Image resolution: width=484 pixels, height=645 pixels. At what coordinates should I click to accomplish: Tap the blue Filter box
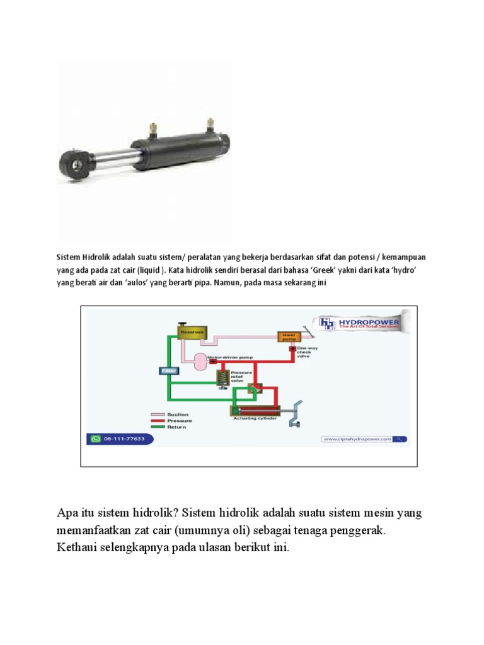pos(168,372)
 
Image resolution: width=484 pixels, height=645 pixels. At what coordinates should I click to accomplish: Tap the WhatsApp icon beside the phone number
pos(96,439)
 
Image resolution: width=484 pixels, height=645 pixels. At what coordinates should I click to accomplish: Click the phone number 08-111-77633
pos(124,439)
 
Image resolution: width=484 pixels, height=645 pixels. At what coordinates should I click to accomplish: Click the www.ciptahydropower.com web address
pos(356,439)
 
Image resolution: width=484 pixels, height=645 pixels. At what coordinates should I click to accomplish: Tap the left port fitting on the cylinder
pos(152,130)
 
